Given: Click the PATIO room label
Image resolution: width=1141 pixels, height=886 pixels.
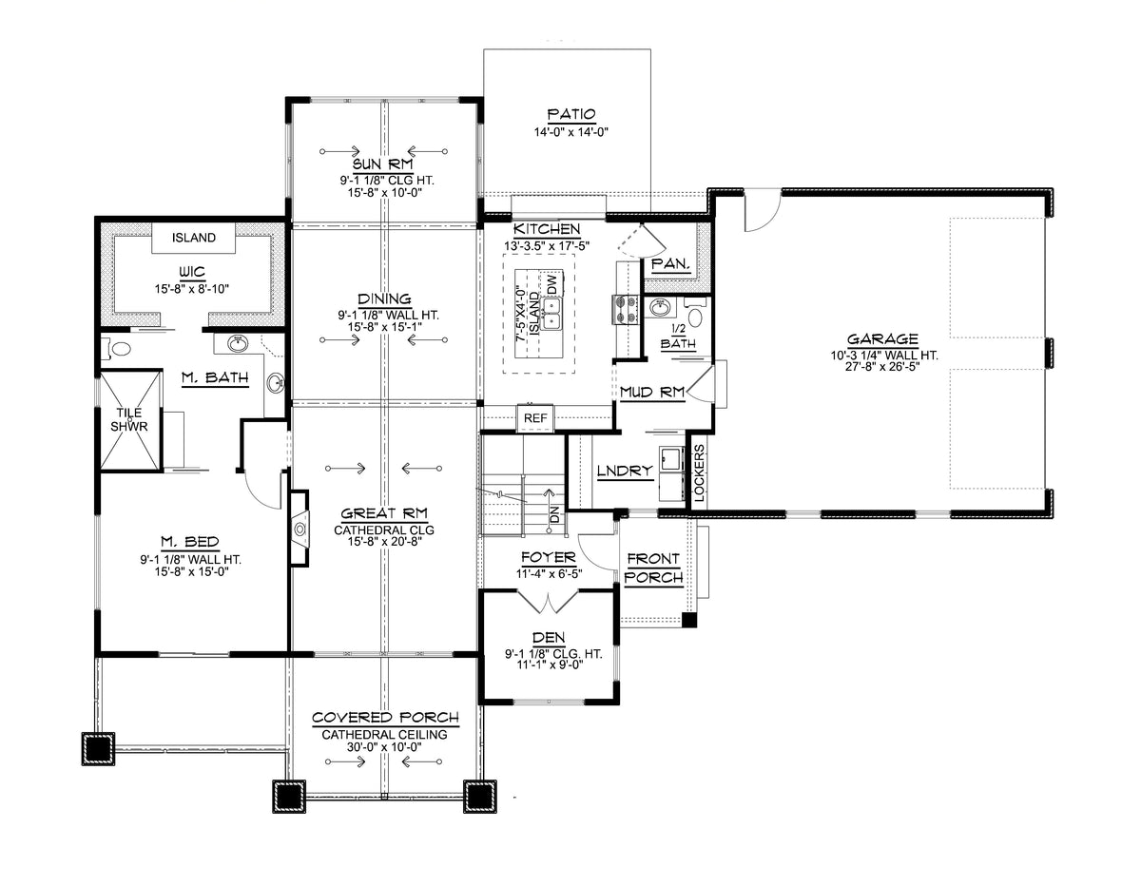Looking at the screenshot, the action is tap(570, 114).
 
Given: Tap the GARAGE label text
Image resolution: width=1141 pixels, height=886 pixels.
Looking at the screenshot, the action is tap(882, 338).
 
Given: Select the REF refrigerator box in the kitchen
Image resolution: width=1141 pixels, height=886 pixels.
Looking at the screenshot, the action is tap(535, 417).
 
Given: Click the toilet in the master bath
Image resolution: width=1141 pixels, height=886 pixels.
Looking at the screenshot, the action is tap(119, 349).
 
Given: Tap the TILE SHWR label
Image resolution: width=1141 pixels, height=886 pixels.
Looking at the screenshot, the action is tap(129, 419).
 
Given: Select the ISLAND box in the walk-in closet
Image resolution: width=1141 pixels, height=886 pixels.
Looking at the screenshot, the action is tap(193, 238).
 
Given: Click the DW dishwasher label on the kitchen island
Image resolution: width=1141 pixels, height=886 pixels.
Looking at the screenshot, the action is tap(551, 284).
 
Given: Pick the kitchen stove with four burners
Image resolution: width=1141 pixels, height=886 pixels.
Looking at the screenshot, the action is tap(625, 309).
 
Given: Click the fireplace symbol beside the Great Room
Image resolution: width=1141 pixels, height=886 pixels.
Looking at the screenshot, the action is tap(300, 528).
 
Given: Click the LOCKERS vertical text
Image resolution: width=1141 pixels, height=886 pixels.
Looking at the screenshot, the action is tap(699, 472).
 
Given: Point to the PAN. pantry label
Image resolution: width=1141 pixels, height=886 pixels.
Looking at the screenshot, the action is tap(670, 264).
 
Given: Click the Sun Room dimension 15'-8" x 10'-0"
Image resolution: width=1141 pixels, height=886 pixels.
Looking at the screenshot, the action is tap(385, 193).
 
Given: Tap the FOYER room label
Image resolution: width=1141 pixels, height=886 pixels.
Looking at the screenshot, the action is tap(549, 557).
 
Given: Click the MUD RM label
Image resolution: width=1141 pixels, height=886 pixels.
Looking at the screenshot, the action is tap(652, 392).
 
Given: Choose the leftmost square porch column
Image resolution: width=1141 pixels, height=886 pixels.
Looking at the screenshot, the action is tap(98, 748).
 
